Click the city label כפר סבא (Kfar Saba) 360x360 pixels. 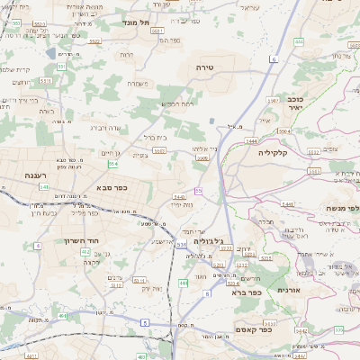click(x=113, y=188)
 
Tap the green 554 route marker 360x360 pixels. click(x=112, y=164)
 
